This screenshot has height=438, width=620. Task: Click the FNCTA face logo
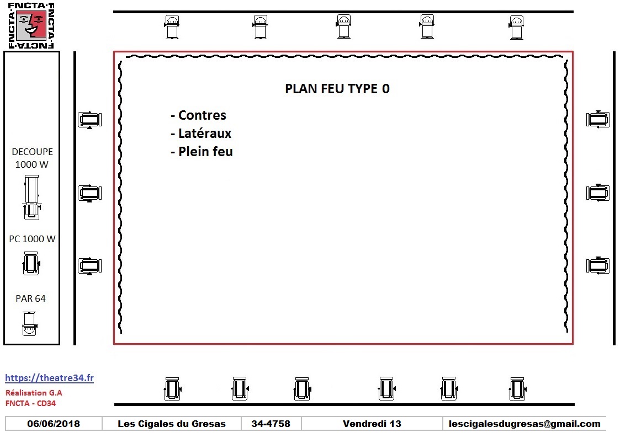click(31, 26)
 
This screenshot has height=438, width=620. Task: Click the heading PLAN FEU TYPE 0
click(337, 88)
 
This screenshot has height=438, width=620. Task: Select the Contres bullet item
click(199, 115)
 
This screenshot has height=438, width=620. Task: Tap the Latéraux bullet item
click(201, 133)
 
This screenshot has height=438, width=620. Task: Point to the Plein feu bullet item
click(202, 151)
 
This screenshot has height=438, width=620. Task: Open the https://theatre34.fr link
click(50, 378)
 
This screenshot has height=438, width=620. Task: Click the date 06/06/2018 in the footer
click(54, 424)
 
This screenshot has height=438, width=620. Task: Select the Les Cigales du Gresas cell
click(172, 424)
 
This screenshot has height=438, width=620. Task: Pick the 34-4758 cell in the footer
click(271, 424)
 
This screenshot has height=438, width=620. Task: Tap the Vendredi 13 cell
click(372, 424)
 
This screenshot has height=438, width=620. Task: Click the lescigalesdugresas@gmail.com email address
click(524, 424)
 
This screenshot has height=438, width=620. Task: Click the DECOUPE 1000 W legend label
click(32, 158)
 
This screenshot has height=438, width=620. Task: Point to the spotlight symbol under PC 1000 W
click(31, 264)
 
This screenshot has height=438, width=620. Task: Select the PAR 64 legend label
click(30, 298)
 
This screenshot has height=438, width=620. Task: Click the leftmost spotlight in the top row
click(172, 27)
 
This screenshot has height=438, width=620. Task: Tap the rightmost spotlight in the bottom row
click(517, 389)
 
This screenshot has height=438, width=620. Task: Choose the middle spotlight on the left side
click(90, 193)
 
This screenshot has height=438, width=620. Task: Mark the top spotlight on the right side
click(598, 119)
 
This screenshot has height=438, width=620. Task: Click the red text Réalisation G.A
click(34, 393)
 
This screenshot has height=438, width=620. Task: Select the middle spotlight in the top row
click(343, 26)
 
